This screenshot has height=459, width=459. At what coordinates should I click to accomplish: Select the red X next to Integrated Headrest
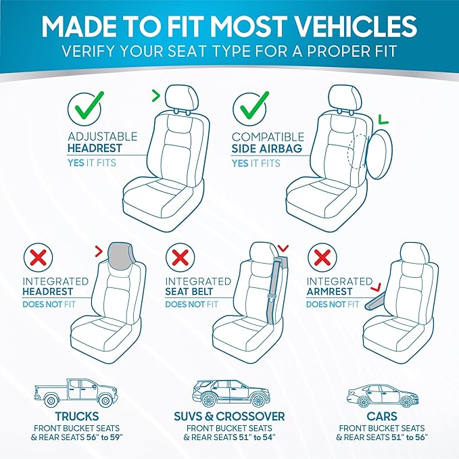39,258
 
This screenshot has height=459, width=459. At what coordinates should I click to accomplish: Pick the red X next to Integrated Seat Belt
180,258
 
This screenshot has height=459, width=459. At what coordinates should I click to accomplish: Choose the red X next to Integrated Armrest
322,258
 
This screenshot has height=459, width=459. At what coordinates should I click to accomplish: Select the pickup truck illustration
76,393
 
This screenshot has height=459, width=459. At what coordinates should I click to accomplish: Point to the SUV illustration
231,393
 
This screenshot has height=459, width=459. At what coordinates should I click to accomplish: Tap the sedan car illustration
383,396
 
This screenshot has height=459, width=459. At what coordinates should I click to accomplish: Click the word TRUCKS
77,416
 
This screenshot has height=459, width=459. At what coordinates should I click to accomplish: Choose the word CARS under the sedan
382,416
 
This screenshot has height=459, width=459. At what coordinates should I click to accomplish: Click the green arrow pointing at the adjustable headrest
156,95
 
